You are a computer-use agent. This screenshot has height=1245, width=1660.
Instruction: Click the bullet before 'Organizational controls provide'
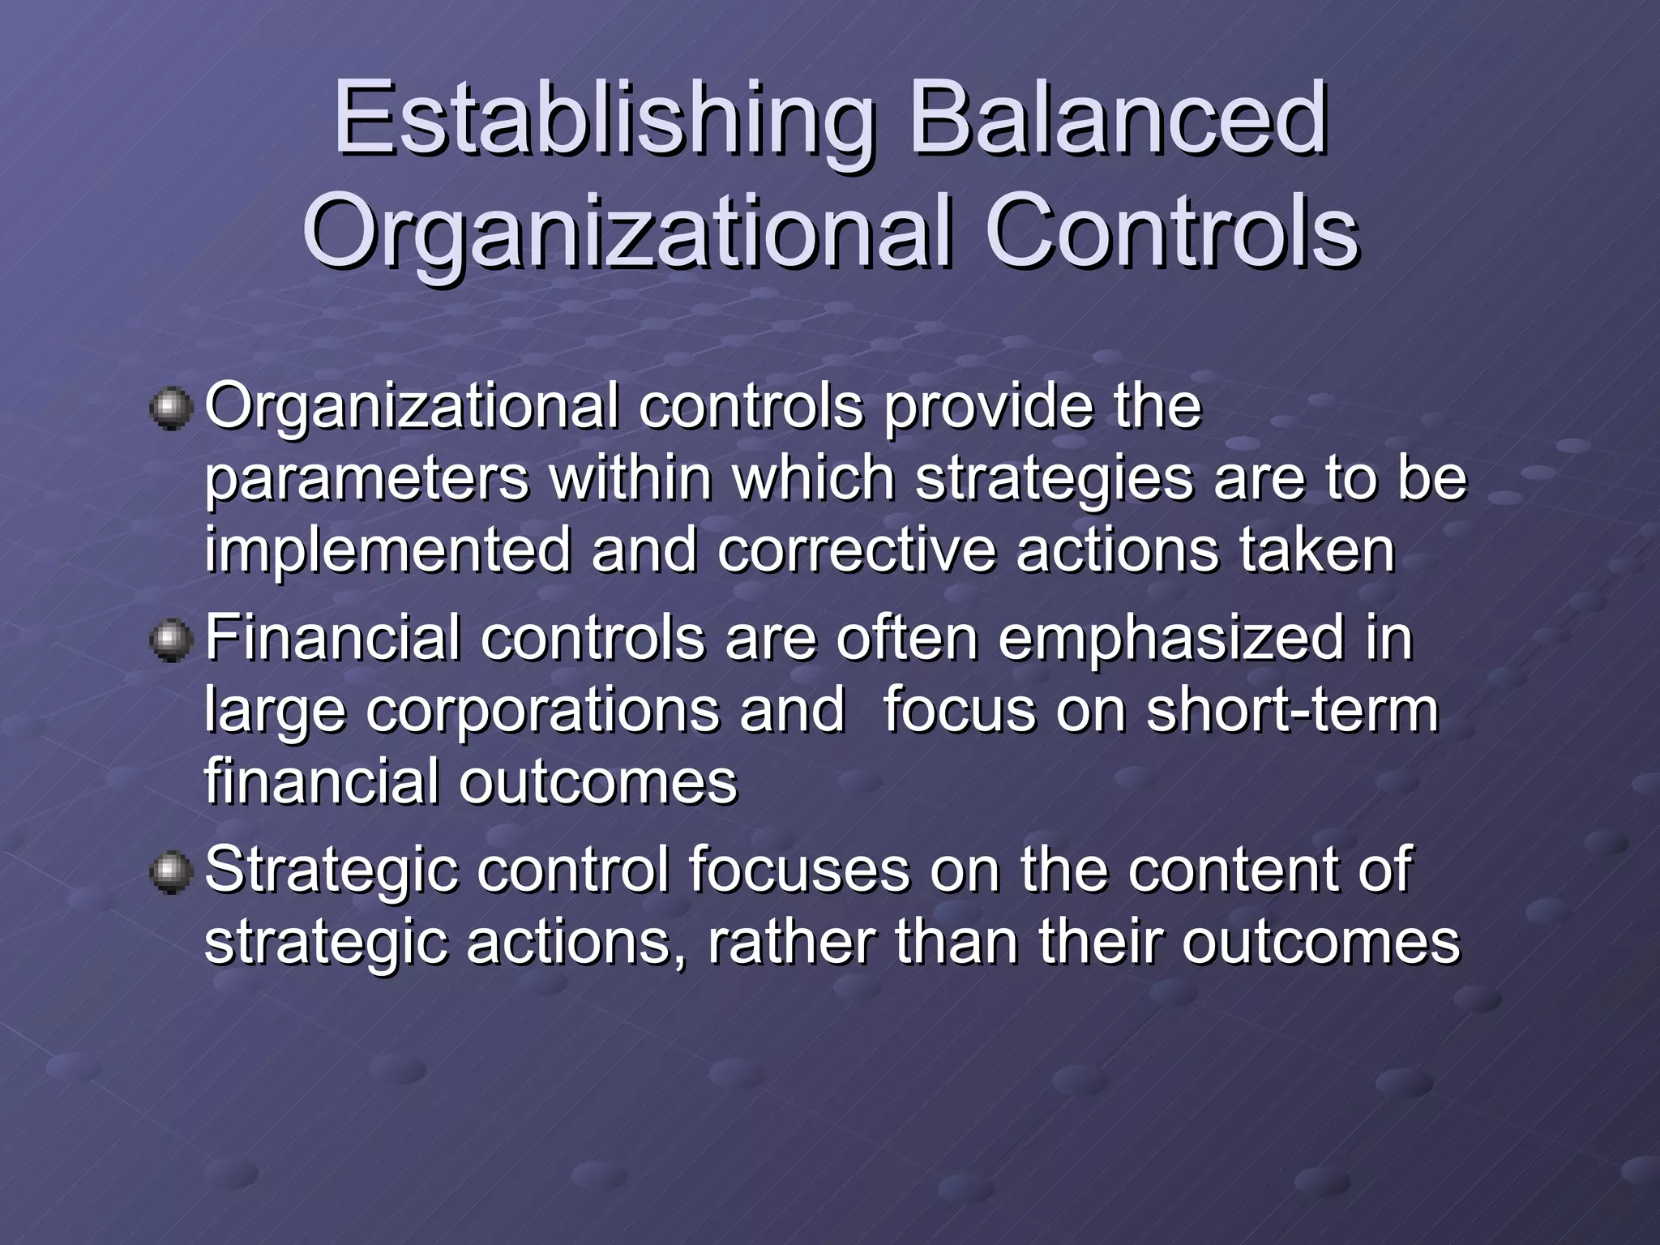[x=171, y=407]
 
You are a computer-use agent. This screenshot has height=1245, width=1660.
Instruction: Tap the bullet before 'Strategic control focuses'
[x=171, y=872]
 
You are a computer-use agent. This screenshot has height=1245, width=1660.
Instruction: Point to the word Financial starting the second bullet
[x=332, y=638]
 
